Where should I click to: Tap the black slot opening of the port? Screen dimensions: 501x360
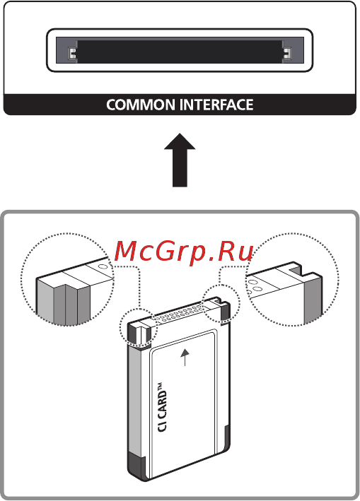[179, 52]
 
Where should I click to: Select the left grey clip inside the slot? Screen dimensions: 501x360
[71, 54]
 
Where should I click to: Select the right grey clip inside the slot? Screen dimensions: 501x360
[287, 54]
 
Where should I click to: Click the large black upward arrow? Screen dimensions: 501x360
[180, 160]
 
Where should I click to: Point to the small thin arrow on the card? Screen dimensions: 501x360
[187, 357]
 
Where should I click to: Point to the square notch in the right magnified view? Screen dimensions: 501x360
[296, 270]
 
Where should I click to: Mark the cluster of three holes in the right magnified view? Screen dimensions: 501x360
[255, 285]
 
